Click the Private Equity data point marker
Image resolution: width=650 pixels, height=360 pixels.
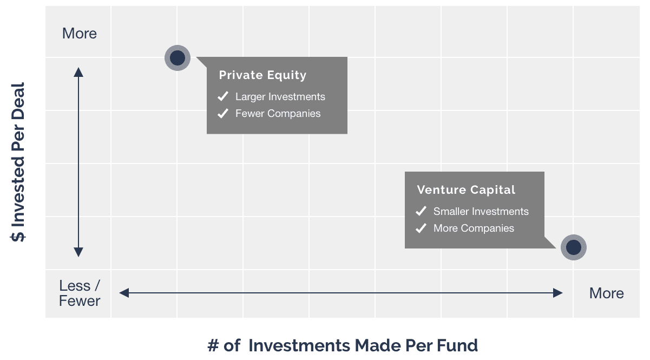pos(178,58)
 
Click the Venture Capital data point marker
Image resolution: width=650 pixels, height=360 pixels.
pos(573,247)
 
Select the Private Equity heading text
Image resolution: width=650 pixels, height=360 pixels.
pos(262,75)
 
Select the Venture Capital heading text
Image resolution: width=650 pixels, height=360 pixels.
pos(466,189)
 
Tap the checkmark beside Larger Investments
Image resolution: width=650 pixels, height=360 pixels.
pos(223,96)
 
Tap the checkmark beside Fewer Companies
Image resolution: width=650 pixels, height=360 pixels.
pos(223,113)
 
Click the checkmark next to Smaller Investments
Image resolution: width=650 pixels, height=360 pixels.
pos(421,211)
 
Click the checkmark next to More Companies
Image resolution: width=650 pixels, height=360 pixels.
pos(421,228)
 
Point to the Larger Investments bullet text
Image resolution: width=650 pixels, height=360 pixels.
pos(280,97)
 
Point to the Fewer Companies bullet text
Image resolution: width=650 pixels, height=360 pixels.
pos(278,114)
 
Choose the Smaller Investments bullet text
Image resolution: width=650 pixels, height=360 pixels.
pos(481,211)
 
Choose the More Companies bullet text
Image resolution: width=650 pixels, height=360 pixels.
pos(474,228)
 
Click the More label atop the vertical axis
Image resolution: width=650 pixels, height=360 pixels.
pos(80,34)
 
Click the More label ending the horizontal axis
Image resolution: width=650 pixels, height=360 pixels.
pos(607,293)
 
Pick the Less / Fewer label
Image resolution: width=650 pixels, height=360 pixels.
pos(80,293)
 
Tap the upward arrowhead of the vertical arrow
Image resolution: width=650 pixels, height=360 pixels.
pos(78,72)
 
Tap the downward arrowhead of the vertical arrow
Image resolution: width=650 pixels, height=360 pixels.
pos(78,252)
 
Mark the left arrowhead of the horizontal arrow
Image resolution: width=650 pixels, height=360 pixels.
pos(124,293)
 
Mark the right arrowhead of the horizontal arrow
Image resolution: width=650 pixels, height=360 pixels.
pos(558,293)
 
